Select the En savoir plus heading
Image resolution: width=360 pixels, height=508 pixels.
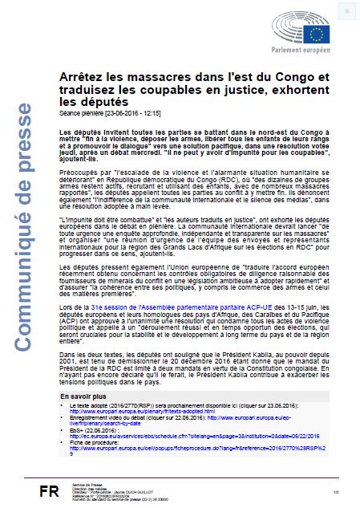pyautogui.click(x=80, y=396)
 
